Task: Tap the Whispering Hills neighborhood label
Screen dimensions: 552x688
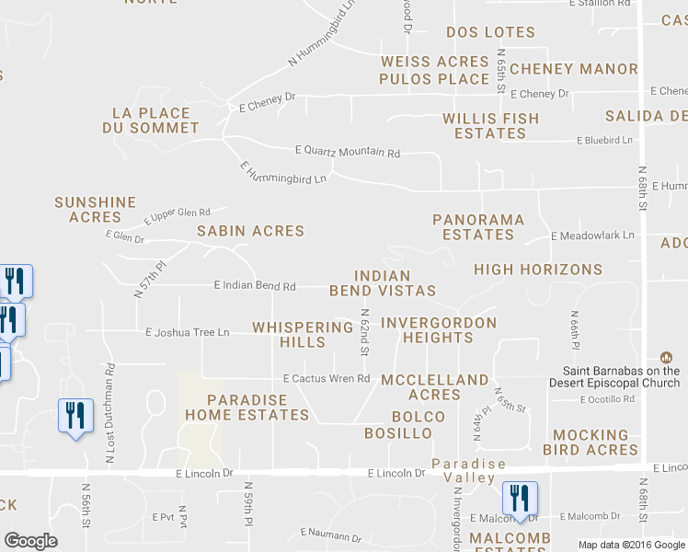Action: [303, 335]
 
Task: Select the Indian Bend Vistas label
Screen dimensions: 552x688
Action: [383, 283]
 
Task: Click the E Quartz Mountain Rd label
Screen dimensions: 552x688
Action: [348, 152]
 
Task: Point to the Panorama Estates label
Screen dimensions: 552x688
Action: [478, 227]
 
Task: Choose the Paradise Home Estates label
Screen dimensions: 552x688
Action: [247, 408]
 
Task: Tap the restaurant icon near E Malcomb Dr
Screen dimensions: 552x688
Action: [520, 499]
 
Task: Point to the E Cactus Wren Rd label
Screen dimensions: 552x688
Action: [326, 379]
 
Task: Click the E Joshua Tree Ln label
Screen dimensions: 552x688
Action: [187, 332]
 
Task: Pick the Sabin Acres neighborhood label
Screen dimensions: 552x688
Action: [250, 231]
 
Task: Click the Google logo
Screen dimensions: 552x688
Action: [30, 541]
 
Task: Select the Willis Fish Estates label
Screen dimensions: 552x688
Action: [490, 126]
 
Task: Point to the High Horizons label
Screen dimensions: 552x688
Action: [538, 270]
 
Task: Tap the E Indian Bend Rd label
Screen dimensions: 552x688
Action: [255, 286]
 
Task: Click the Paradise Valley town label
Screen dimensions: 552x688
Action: [469, 471]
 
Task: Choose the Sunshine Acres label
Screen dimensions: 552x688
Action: [96, 210]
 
